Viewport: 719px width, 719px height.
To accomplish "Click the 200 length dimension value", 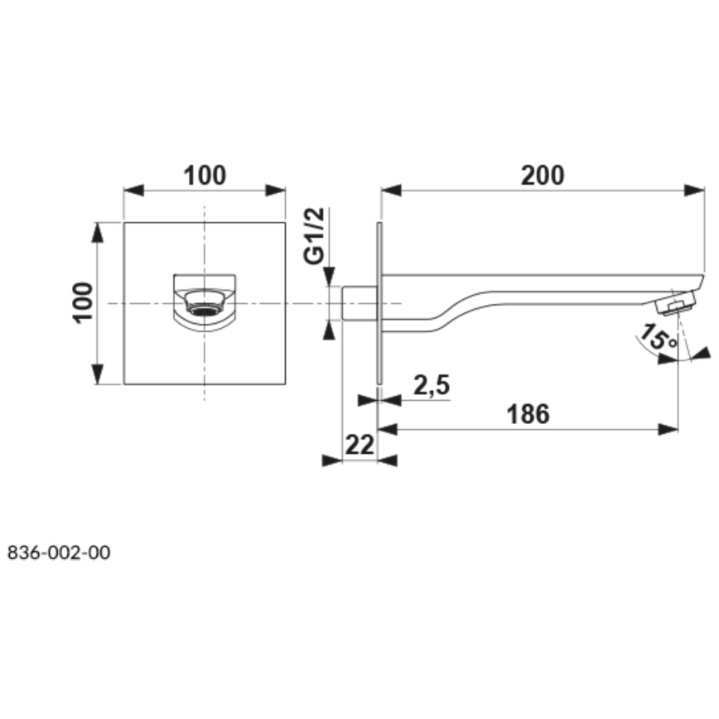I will click(543, 176).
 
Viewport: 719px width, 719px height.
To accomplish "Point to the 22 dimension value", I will click(359, 444).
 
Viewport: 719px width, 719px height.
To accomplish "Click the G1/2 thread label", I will click(314, 237).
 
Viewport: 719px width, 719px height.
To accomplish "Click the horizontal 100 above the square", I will click(204, 176).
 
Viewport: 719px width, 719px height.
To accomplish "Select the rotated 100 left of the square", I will click(84, 302).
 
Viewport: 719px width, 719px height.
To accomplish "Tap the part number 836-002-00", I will click(58, 553).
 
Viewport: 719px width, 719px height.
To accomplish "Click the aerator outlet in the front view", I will click(204, 304).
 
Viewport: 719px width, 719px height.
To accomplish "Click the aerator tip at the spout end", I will click(676, 305).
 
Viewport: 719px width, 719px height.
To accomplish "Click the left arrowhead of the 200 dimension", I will click(390, 191).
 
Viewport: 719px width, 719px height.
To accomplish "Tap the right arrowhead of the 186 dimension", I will click(668, 429).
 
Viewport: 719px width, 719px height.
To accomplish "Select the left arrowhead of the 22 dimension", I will click(332, 461).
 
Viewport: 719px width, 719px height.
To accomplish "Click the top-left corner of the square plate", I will click(124, 223).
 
